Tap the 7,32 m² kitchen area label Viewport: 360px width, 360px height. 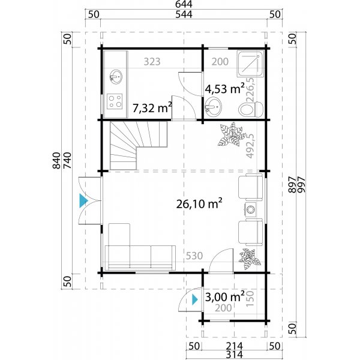[x=152, y=108]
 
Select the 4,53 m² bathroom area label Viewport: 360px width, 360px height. [x=224, y=89]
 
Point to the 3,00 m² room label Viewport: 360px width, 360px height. [x=224, y=296]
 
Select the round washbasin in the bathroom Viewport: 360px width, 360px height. [x=212, y=109]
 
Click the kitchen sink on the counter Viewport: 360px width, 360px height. [x=115, y=77]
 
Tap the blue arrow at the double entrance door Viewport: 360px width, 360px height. [x=82, y=201]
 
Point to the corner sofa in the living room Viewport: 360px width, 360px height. [x=135, y=249]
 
